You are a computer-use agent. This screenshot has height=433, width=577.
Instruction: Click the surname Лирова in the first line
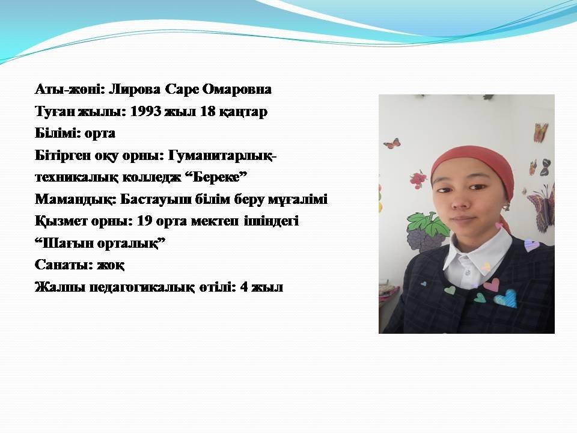tap(135, 89)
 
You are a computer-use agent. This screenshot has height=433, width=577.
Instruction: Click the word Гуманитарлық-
tap(222, 156)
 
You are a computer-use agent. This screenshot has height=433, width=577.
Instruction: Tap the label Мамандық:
tap(76, 199)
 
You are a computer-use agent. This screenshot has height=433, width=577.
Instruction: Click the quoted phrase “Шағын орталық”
tap(100, 243)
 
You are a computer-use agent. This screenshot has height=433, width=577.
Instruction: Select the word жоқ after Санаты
tap(111, 265)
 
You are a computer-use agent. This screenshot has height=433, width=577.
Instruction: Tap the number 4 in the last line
tap(244, 287)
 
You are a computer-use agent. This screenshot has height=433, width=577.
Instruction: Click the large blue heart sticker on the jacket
tap(506, 298)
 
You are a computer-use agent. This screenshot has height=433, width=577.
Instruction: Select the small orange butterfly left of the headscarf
tap(391, 143)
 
